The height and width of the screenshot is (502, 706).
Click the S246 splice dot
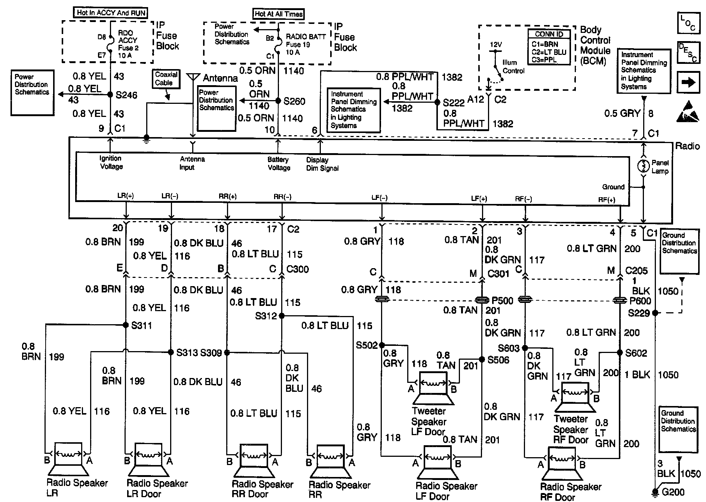coord(110,95)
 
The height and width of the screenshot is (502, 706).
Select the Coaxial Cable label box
coord(166,79)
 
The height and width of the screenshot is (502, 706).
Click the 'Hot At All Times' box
coord(278,14)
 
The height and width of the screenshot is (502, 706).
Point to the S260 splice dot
coord(278,101)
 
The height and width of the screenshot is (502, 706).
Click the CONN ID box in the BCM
coord(549,47)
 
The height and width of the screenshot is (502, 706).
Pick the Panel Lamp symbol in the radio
coord(643,165)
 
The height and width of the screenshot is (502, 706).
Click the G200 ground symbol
coord(655,492)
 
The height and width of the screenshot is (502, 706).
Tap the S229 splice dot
coord(655,313)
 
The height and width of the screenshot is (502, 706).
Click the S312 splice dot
coord(282,316)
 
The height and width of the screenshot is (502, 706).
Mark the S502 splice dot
coord(381,345)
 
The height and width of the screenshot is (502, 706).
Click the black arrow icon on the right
coord(688,83)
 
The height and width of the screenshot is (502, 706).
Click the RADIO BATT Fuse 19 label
coord(305,44)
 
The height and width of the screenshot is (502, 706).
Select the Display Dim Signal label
coord(322,164)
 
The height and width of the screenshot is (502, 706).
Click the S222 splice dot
coord(437,102)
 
